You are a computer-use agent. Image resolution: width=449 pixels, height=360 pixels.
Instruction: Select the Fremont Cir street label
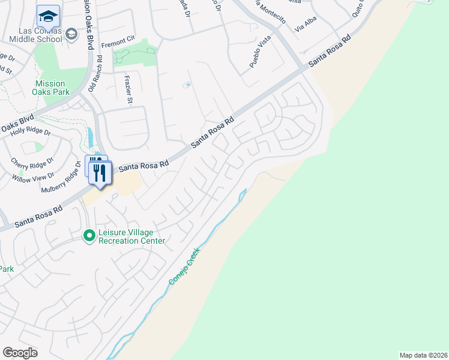point(117,42)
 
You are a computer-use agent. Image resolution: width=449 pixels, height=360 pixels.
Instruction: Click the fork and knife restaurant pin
point(100,173)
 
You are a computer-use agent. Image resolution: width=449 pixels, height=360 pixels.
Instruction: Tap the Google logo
point(20,353)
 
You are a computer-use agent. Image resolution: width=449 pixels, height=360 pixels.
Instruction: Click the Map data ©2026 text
point(423,355)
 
